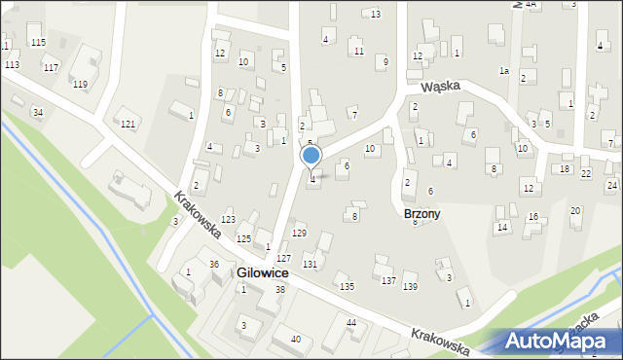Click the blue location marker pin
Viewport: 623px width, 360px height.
click(x=311, y=156)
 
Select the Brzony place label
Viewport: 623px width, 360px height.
click(x=421, y=213)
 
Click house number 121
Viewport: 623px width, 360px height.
click(x=128, y=124)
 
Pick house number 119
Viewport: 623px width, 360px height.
click(x=80, y=85)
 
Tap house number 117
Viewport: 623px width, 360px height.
click(x=51, y=66)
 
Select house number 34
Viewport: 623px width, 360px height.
click(x=37, y=113)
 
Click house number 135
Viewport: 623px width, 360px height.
click(x=347, y=286)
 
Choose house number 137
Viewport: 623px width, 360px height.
click(x=388, y=280)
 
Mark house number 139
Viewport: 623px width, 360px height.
click(x=410, y=286)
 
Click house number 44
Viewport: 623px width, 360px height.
click(x=350, y=322)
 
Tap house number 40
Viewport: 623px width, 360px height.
click(x=295, y=339)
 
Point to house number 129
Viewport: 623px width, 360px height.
click(x=299, y=234)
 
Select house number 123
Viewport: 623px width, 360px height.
click(x=228, y=220)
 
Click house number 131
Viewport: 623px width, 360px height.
click(x=310, y=265)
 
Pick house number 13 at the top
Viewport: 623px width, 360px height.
click(x=376, y=14)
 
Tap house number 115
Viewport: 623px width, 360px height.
click(x=38, y=42)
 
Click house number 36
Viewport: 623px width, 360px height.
click(x=214, y=265)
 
